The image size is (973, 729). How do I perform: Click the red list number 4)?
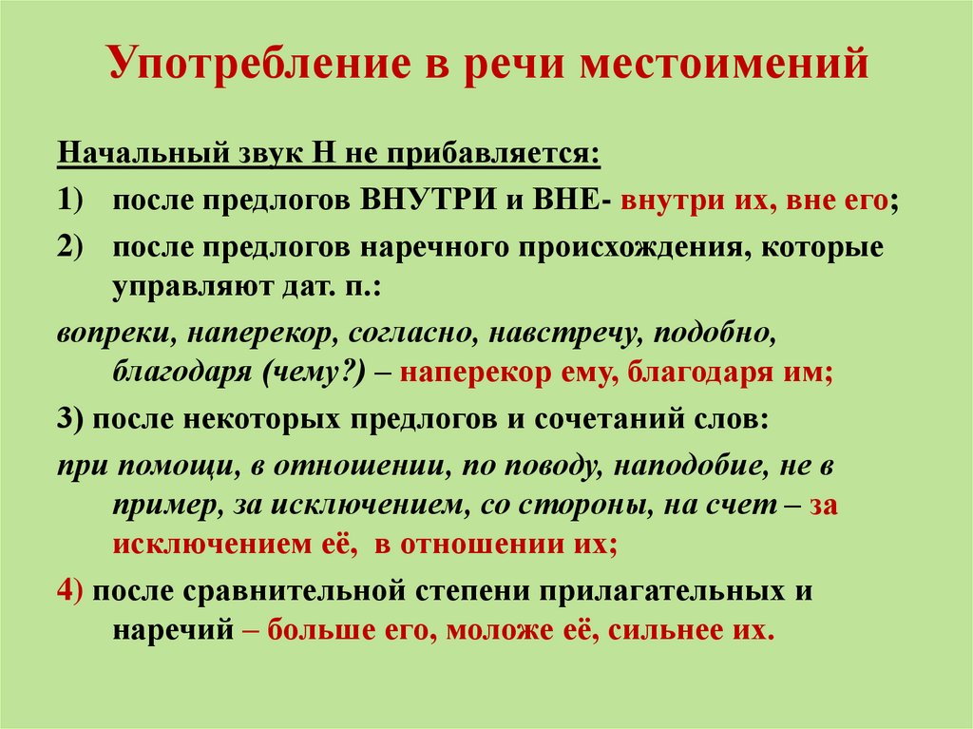point(72,590)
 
